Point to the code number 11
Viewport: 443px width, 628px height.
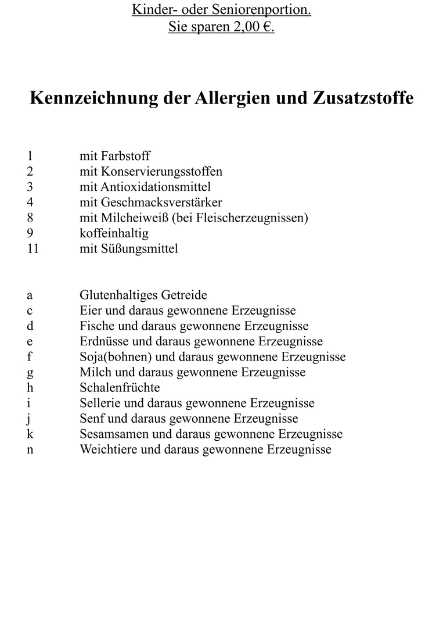(32, 249)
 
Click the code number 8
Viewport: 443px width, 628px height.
(30, 218)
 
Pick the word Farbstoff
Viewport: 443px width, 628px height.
(125, 156)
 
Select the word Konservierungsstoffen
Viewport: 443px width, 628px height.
(161, 172)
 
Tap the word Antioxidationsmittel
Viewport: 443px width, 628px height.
(155, 187)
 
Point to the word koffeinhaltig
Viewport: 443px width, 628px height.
(114, 233)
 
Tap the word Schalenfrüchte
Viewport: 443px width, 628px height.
(120, 388)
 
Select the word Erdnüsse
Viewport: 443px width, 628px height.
(101, 341)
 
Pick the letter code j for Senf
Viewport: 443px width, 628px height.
(29, 419)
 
